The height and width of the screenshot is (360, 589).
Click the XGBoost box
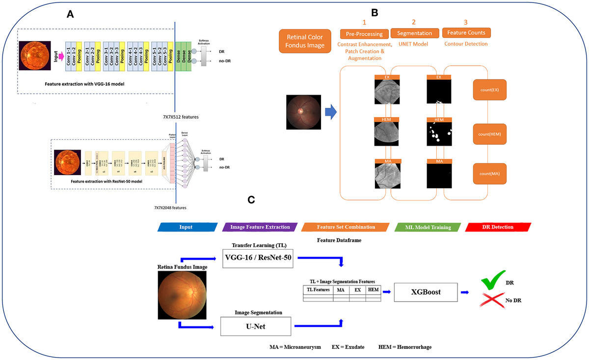click(425, 292)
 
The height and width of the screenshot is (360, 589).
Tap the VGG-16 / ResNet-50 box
click(258, 258)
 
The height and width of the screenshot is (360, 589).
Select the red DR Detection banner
click(498, 227)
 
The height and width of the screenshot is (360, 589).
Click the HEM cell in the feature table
click(373, 290)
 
